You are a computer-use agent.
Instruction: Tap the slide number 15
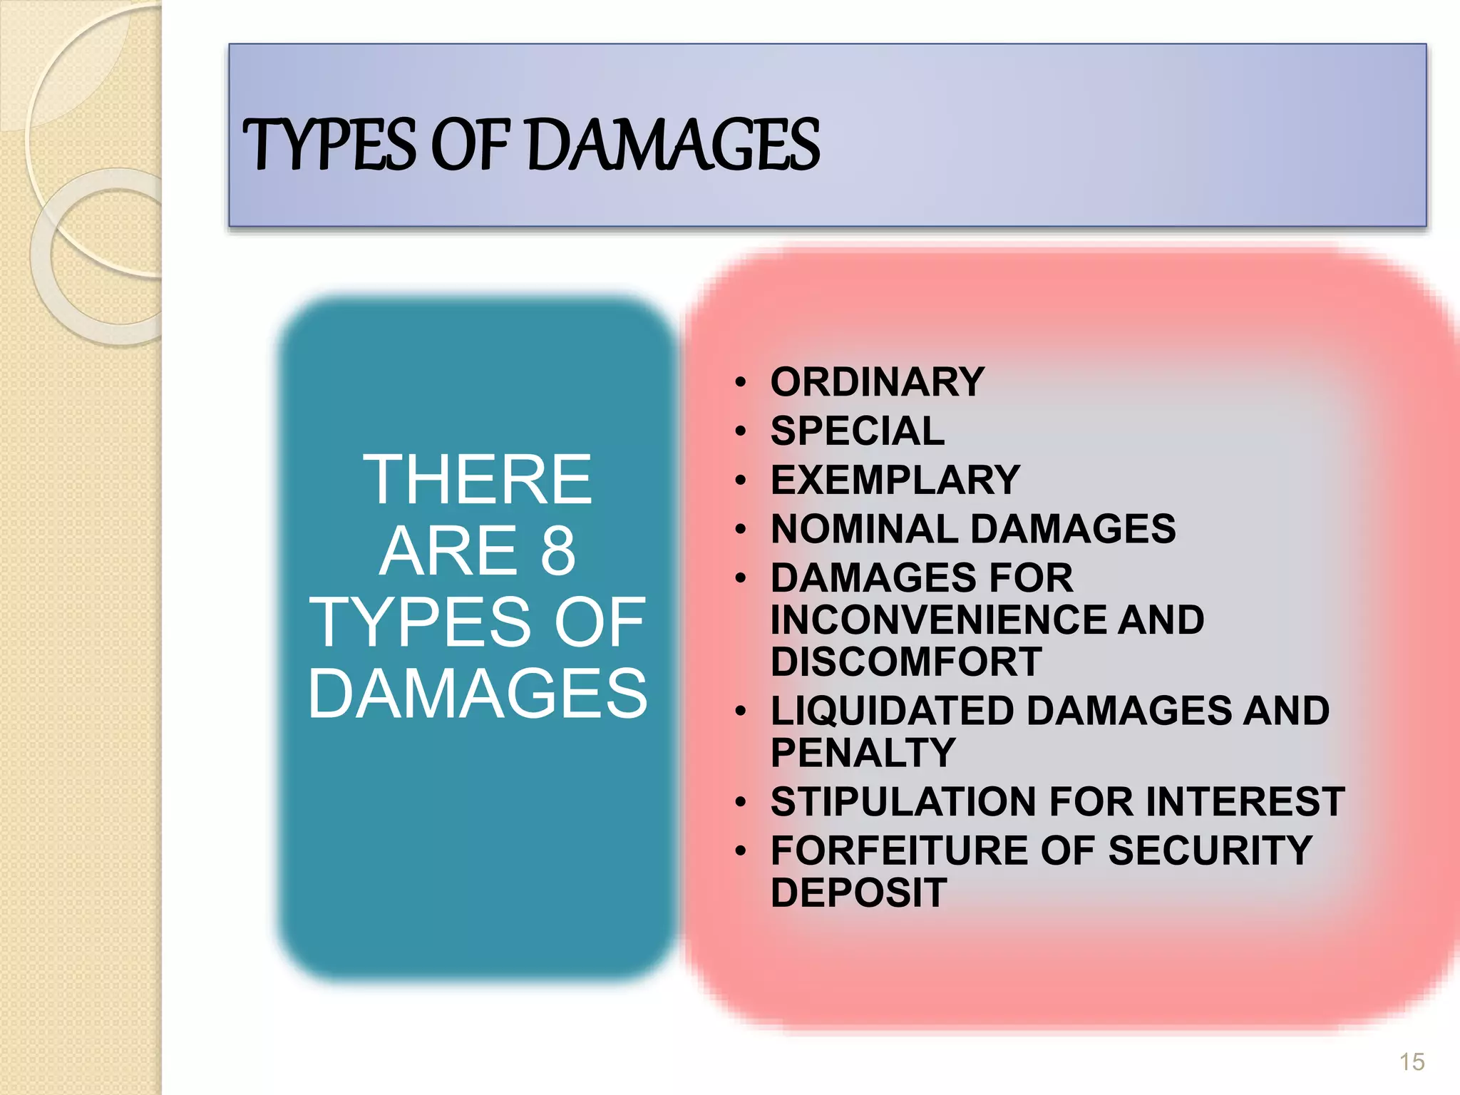(x=1412, y=1062)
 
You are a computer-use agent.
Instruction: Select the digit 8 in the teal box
(x=557, y=550)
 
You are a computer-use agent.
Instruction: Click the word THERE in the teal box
(x=478, y=480)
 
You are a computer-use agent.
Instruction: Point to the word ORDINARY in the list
(x=878, y=382)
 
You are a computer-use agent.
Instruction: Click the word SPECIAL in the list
(x=858, y=431)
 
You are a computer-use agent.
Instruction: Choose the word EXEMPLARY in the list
(x=895, y=480)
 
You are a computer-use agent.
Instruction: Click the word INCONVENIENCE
(x=937, y=620)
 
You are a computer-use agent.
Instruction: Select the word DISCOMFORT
(x=906, y=662)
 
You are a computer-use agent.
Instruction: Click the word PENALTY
(x=863, y=753)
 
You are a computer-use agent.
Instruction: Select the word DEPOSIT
(x=859, y=893)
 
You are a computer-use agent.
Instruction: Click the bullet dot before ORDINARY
(x=741, y=384)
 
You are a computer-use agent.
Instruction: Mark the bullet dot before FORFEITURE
(x=741, y=852)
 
